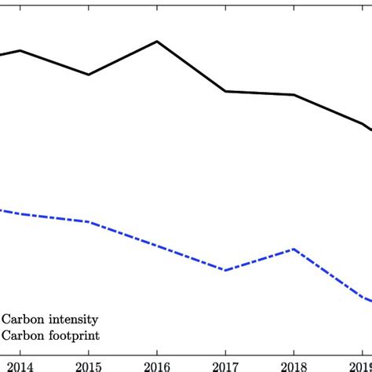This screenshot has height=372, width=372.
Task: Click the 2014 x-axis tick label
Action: click(x=20, y=365)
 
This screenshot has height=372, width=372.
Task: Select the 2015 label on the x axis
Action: click(x=89, y=365)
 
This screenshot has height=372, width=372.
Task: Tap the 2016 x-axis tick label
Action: click(x=157, y=365)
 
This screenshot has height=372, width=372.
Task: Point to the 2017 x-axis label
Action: click(x=225, y=365)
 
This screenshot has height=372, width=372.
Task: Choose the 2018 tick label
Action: click(x=294, y=365)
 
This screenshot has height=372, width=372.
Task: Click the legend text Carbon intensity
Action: click(x=49, y=319)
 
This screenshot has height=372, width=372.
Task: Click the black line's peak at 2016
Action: click(x=157, y=42)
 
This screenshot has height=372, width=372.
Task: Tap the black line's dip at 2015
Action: click(x=89, y=75)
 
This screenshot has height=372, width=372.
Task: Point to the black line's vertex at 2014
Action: click(x=20, y=50)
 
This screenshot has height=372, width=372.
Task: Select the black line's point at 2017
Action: click(x=225, y=91)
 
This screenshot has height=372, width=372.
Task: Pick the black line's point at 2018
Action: click(x=294, y=95)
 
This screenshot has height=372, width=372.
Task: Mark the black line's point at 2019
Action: click(x=362, y=124)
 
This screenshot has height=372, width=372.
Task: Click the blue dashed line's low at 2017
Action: click(x=225, y=270)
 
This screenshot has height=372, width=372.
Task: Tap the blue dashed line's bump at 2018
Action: click(x=294, y=249)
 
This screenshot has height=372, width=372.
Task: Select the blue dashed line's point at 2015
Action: click(x=89, y=221)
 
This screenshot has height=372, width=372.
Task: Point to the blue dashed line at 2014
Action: click(x=20, y=213)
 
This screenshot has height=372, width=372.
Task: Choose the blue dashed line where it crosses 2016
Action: click(x=157, y=246)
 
